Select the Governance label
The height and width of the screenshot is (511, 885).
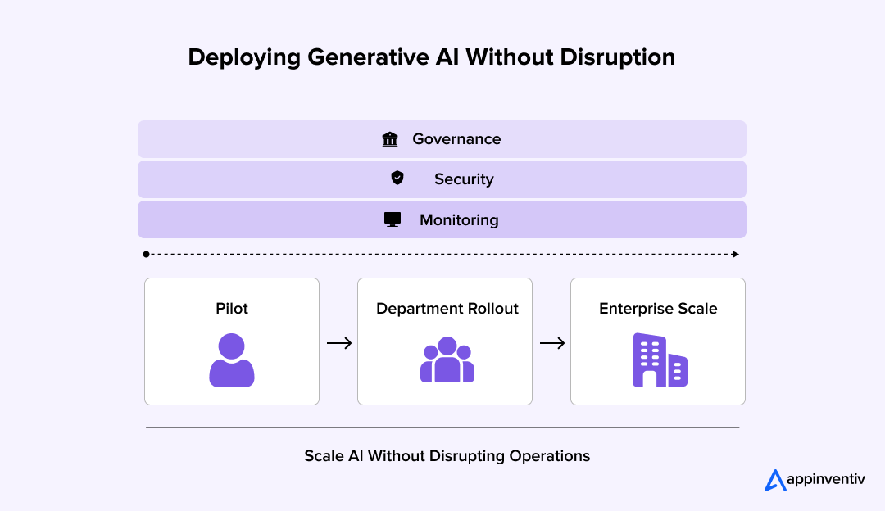click(456, 139)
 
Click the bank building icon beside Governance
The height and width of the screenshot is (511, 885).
click(390, 139)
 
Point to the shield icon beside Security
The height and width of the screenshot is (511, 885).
click(397, 178)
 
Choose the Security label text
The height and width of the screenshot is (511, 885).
click(464, 179)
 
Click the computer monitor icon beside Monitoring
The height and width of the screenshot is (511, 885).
click(393, 219)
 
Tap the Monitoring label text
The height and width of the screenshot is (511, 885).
click(459, 220)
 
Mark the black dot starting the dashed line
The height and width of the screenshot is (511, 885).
click(147, 255)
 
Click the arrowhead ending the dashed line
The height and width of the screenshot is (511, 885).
click(736, 255)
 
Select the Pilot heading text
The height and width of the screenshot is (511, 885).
click(232, 309)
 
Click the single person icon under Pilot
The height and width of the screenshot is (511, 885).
click(232, 360)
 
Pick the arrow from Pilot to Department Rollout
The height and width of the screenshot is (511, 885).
click(338, 343)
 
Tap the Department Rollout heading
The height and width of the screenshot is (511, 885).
click(447, 309)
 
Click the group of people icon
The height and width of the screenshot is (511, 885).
click(447, 360)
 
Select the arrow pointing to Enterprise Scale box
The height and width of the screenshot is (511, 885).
click(551, 343)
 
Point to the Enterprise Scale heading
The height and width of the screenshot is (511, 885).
click(658, 309)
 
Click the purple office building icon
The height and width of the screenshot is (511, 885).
click(659, 360)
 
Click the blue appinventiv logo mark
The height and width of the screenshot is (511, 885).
click(774, 481)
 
